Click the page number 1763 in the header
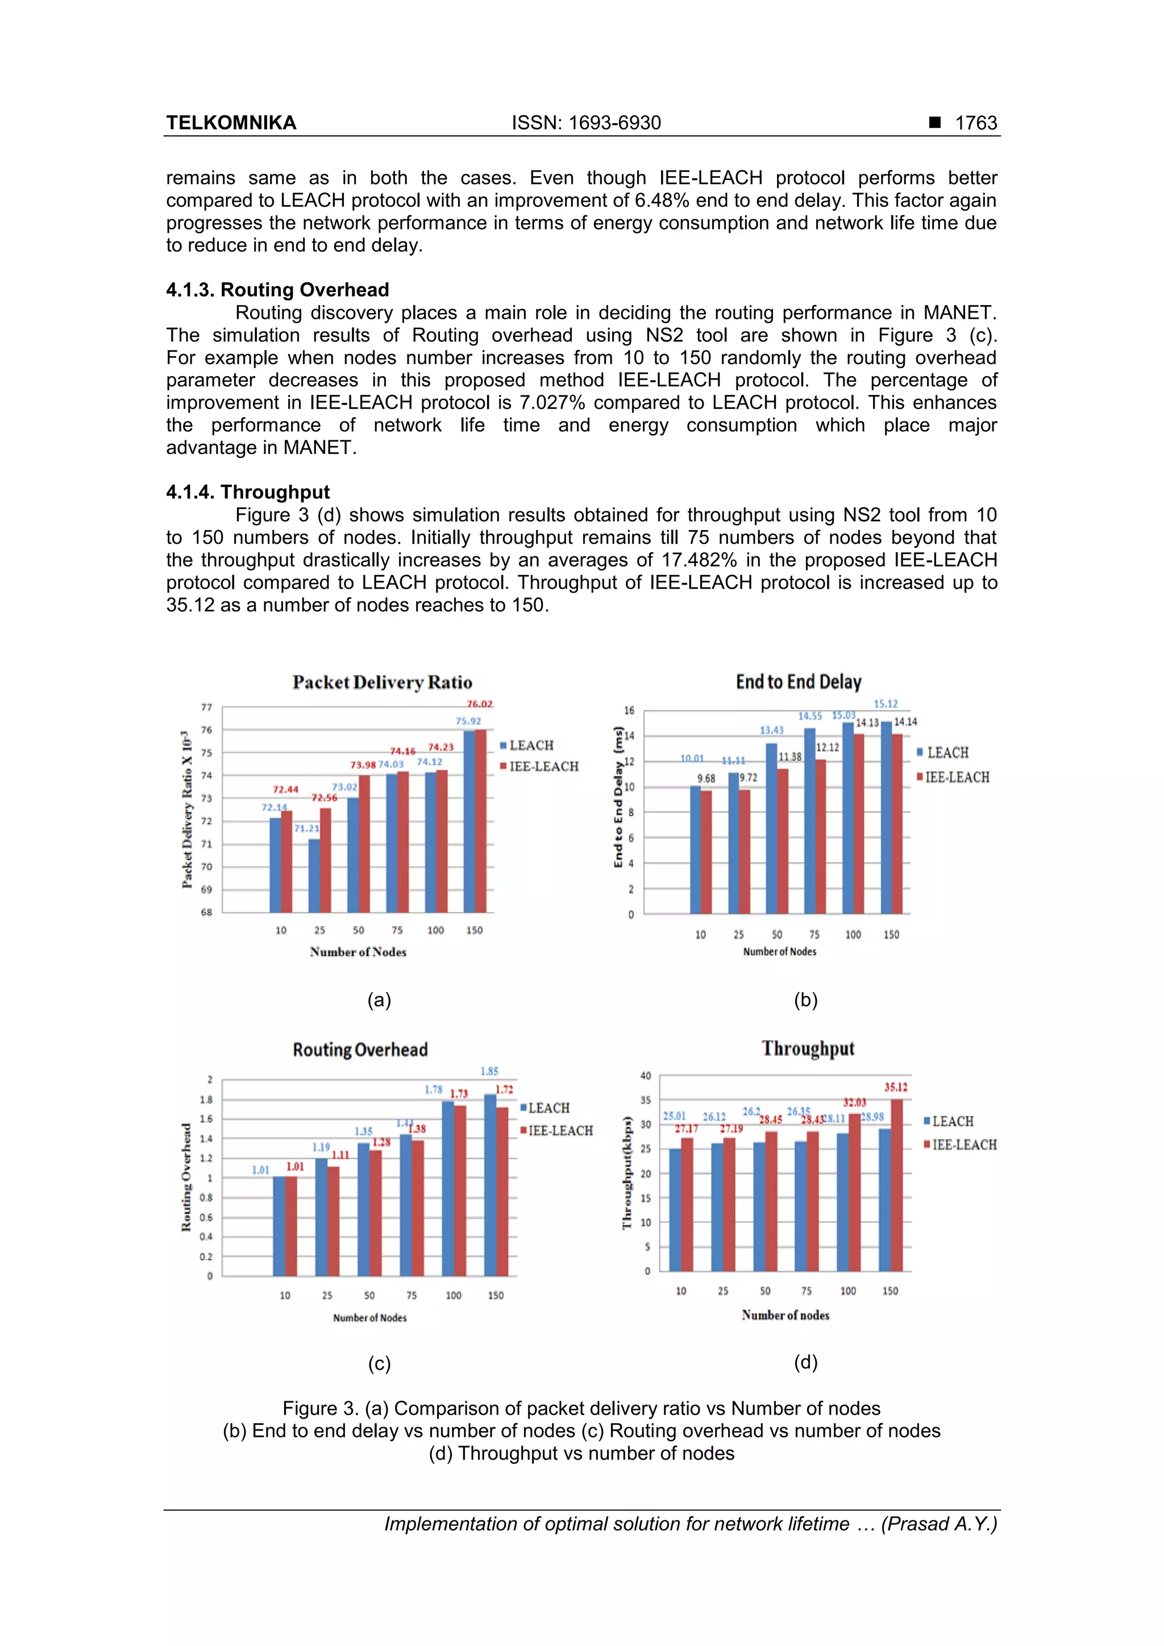click(975, 123)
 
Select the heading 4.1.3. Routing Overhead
click(277, 290)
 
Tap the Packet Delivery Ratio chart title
click(383, 682)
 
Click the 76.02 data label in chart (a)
click(480, 704)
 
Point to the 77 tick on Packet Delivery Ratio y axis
click(206, 707)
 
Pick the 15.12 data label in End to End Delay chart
click(886, 704)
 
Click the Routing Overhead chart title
click(360, 1049)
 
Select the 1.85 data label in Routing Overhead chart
click(489, 1071)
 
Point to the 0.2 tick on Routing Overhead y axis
click(206, 1257)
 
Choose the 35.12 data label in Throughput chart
click(895, 1087)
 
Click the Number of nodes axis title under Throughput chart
click(785, 1315)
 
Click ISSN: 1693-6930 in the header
click(586, 123)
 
